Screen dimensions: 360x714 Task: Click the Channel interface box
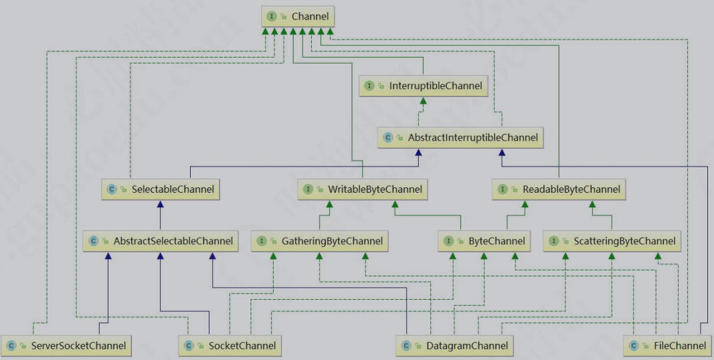(297, 15)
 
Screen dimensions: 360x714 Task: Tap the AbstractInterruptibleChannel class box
(460, 138)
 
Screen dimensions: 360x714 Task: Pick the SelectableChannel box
(161, 189)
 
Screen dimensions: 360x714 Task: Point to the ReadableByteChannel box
(559, 189)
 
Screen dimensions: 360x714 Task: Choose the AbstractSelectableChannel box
(161, 241)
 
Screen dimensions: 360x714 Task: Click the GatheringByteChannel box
(321, 241)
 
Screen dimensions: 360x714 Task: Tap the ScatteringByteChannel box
(611, 241)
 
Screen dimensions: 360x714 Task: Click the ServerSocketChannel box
(66, 346)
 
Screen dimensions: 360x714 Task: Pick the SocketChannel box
(230, 346)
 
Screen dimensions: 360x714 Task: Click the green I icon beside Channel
(272, 15)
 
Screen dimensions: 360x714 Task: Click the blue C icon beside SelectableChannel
(112, 189)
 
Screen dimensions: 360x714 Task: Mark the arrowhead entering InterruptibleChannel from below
(423, 100)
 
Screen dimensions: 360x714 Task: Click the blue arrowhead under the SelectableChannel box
(161, 203)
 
